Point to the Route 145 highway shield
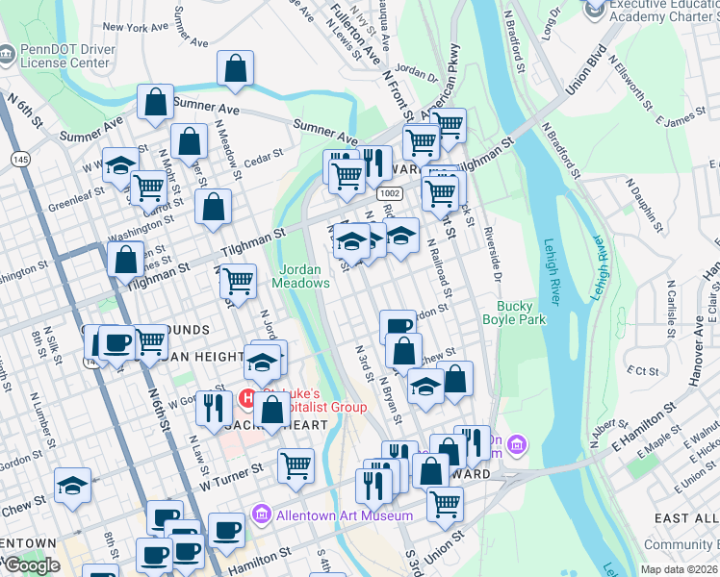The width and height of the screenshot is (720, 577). pos(19,158)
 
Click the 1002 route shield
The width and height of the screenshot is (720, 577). pos(390,193)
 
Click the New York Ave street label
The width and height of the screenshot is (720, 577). pos(134,28)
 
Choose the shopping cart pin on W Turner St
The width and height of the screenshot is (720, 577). pos(296,464)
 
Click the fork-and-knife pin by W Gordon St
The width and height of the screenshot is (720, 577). pos(210,408)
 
